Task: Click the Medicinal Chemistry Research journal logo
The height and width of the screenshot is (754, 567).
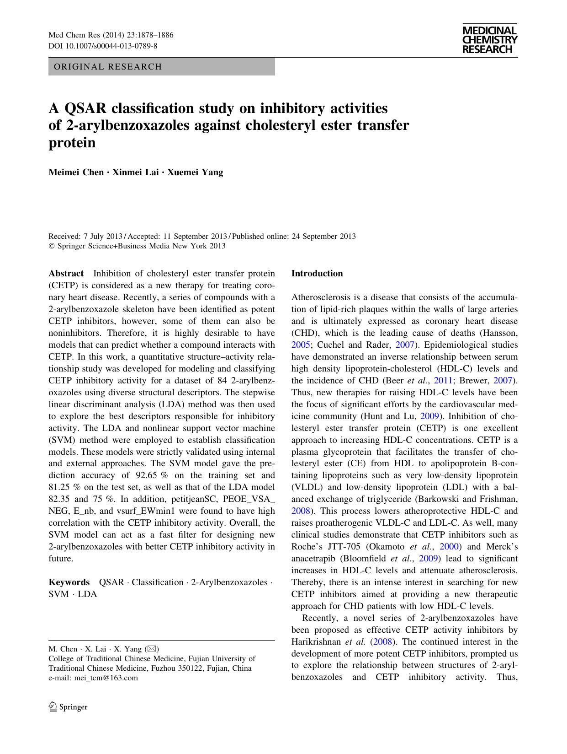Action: tap(489, 40)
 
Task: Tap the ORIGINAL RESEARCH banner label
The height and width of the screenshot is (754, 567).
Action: tap(108, 67)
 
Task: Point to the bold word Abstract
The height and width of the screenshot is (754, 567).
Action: tap(66, 274)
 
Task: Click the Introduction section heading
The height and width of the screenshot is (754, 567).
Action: tap(317, 274)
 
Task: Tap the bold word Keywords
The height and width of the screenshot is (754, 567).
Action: tap(69, 582)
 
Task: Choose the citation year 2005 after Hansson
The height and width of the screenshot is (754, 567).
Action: tap(299, 345)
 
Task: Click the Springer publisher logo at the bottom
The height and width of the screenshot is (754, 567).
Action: tap(68, 707)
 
